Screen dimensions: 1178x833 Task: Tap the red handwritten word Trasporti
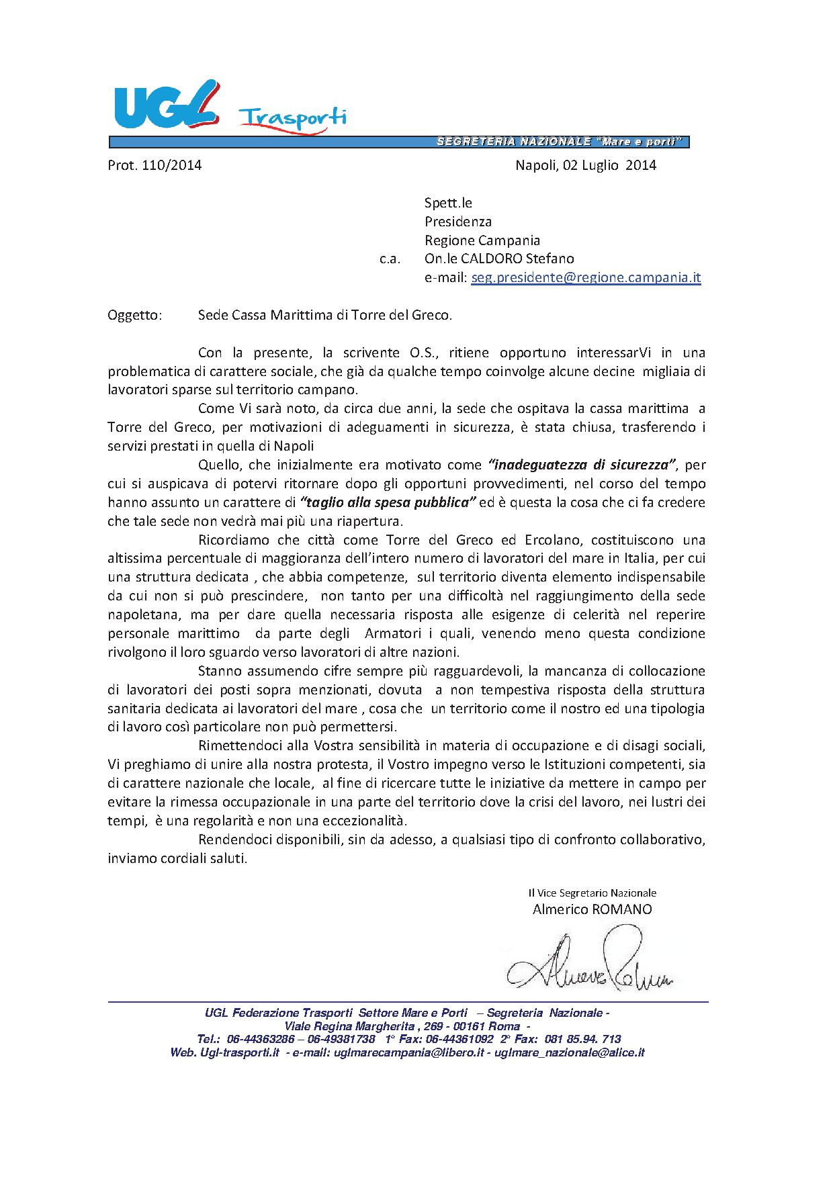coord(293,119)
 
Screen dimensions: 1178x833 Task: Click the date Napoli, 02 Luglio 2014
coord(585,165)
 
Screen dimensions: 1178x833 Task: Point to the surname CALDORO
coord(490,259)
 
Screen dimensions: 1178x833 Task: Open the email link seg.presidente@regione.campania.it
coord(586,277)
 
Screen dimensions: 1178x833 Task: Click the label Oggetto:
coord(134,315)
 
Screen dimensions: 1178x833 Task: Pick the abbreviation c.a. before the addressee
coord(390,259)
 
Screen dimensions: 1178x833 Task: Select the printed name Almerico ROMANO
coord(592,909)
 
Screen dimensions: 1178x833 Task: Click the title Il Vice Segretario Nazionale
coord(592,893)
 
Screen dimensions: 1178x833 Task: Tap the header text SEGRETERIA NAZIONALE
coord(514,142)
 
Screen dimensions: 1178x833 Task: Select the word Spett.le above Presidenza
coord(448,203)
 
